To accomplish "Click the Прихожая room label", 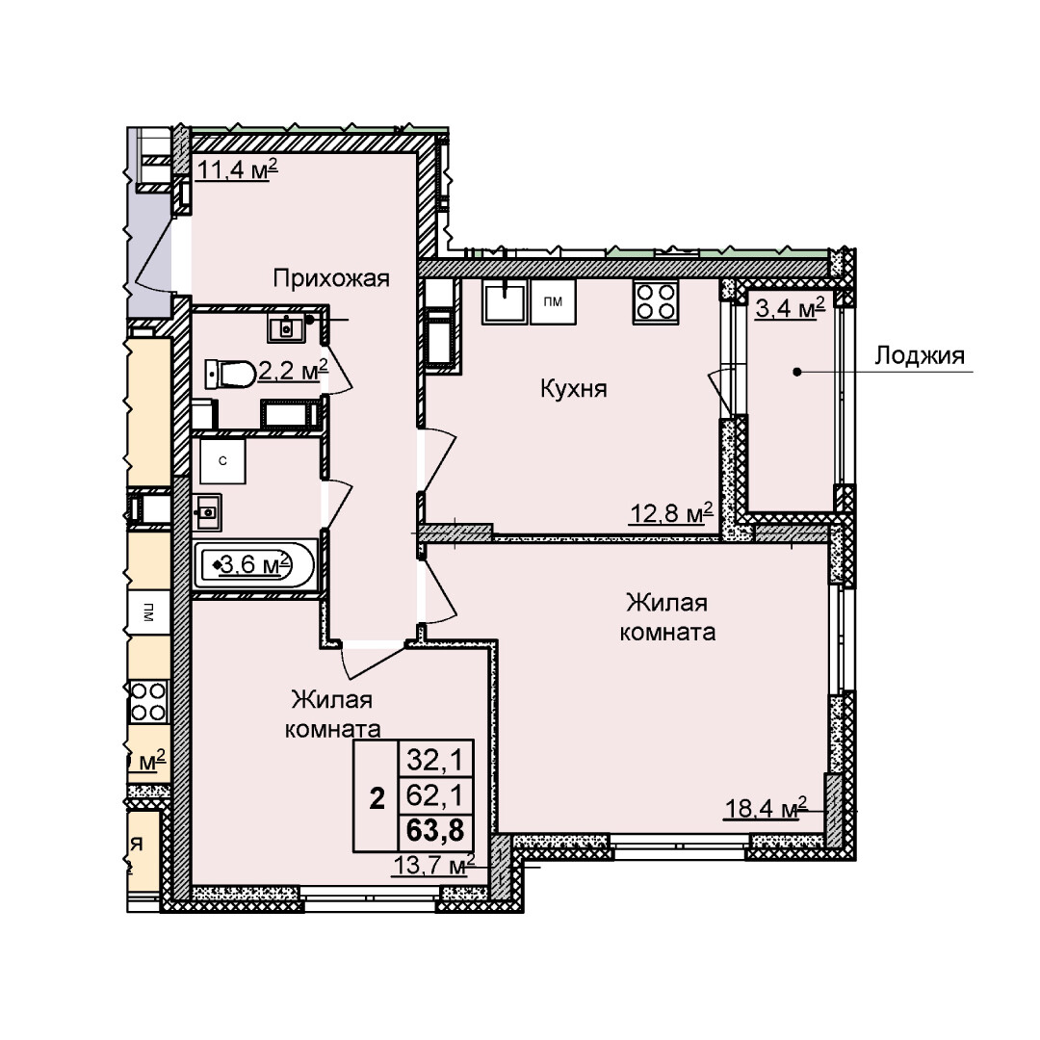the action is (x=331, y=278).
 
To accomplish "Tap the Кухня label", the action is (x=574, y=388).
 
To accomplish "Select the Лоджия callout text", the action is (x=920, y=356).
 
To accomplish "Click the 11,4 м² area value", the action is (x=237, y=169).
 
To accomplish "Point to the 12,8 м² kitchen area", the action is (x=670, y=512).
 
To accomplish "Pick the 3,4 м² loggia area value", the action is (x=790, y=308).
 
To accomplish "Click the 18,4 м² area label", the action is (x=765, y=808).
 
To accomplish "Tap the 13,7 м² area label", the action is (x=433, y=865).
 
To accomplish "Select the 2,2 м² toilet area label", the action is (x=293, y=371).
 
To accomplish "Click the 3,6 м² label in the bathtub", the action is (x=255, y=565).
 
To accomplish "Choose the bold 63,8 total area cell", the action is (x=435, y=830).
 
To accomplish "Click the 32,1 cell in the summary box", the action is (x=435, y=758).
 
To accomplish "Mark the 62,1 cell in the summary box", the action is (x=435, y=794).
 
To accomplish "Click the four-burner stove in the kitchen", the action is (x=656, y=301).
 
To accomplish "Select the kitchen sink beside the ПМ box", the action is (x=506, y=300).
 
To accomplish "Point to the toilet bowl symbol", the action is (x=229, y=375).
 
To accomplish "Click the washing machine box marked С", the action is (x=222, y=461).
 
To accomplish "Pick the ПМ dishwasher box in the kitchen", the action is (x=553, y=301).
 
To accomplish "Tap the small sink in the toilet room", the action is (x=287, y=328).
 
